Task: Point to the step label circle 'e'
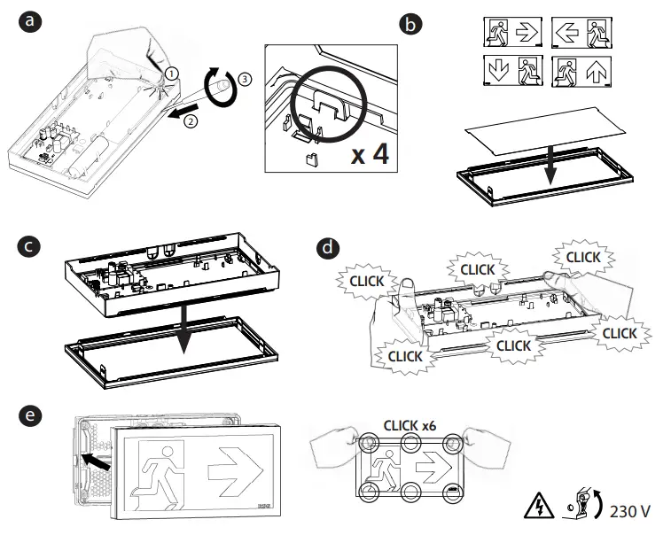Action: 32,416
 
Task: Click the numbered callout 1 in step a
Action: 172,72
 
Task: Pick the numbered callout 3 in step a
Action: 246,78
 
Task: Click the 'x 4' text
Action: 369,155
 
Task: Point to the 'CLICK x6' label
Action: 410,424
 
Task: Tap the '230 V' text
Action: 631,511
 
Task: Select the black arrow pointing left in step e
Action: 95,460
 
